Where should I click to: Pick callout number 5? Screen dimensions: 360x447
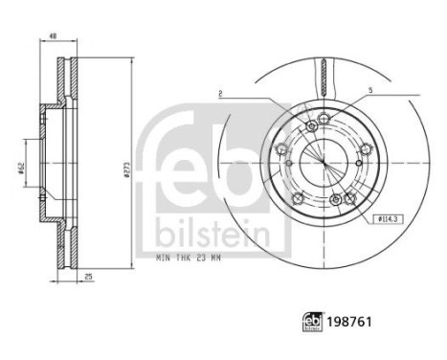click(369, 94)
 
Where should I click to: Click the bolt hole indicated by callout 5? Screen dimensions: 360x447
click(324, 118)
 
